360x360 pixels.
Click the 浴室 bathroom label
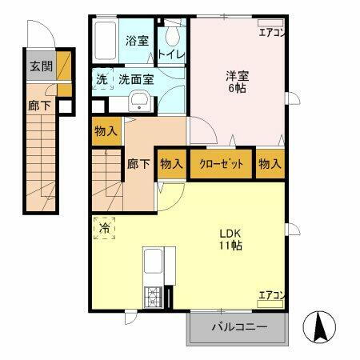tap(138, 41)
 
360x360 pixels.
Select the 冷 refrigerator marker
tap(104, 228)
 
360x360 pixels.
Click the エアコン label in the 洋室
tap(271, 33)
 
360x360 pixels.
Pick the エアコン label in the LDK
tap(271, 297)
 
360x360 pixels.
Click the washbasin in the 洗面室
tap(139, 101)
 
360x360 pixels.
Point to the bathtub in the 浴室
tap(106, 37)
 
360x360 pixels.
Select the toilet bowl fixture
tap(172, 36)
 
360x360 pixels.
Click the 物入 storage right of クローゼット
tap(270, 163)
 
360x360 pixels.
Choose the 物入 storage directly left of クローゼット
tap(171, 163)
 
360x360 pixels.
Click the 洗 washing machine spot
tap(102, 79)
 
